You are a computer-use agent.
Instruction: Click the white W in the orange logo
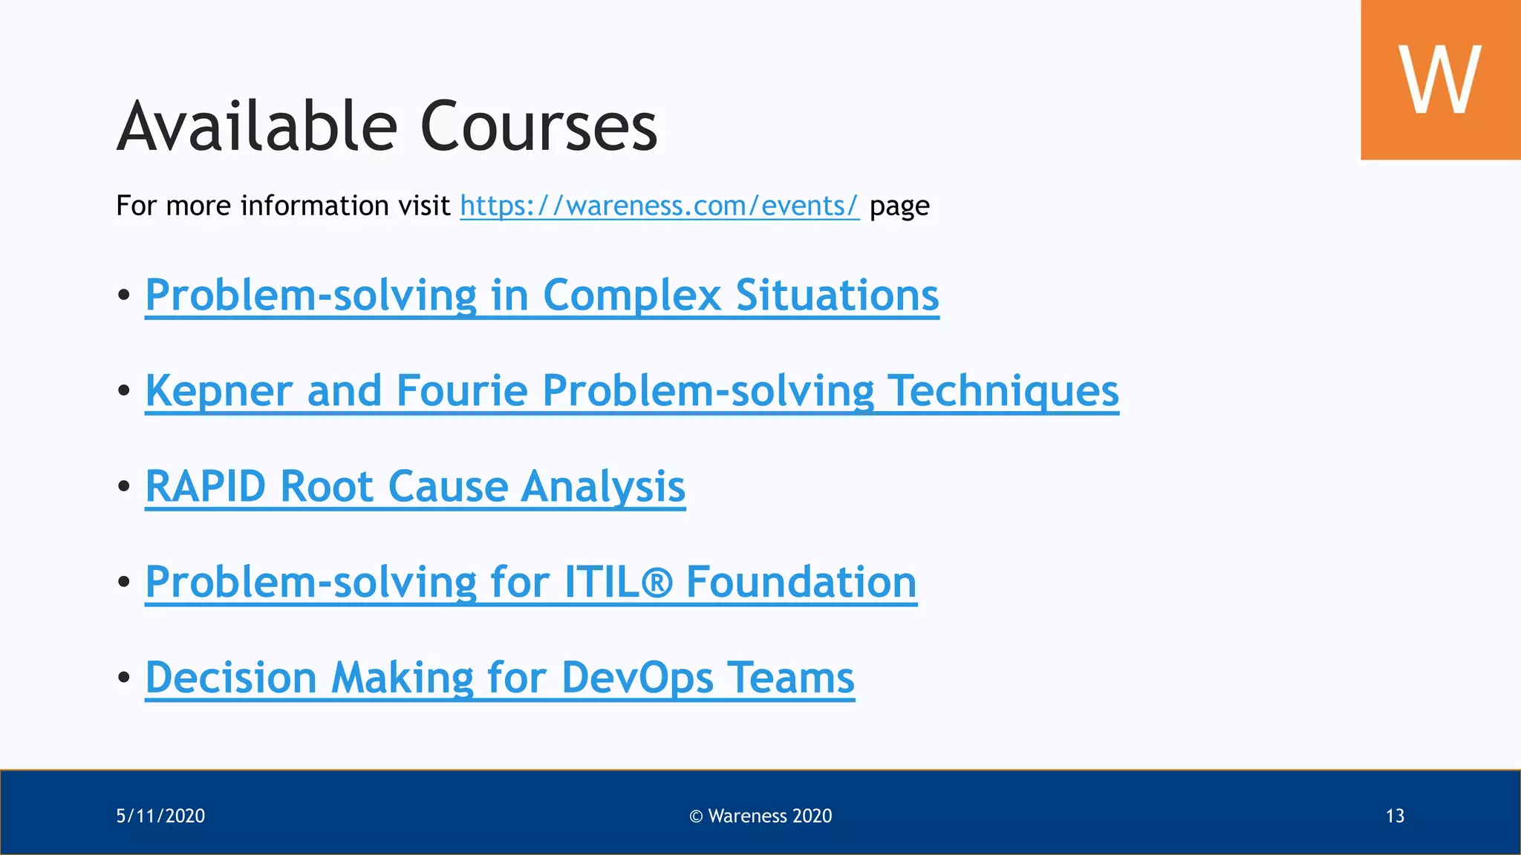[x=1439, y=79]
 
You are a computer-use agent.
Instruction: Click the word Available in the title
[x=257, y=126]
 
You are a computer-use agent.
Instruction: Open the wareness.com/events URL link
[x=659, y=206]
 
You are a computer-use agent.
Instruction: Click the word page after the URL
[x=899, y=206]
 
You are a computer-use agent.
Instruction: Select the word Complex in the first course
[x=631, y=295]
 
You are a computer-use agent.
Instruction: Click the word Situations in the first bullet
[x=837, y=295]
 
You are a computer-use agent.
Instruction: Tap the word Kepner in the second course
[x=218, y=391]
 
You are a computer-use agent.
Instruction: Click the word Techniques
[x=1003, y=391]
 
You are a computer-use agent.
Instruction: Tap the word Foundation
[x=801, y=582]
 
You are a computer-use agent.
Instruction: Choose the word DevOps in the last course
[x=637, y=678]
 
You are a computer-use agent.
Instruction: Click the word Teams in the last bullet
[x=790, y=678]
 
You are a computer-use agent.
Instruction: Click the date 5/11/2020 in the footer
[x=160, y=816]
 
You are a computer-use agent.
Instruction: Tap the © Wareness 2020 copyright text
[x=760, y=816]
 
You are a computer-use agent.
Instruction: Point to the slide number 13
[x=1395, y=816]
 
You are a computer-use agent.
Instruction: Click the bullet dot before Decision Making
[x=124, y=677]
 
